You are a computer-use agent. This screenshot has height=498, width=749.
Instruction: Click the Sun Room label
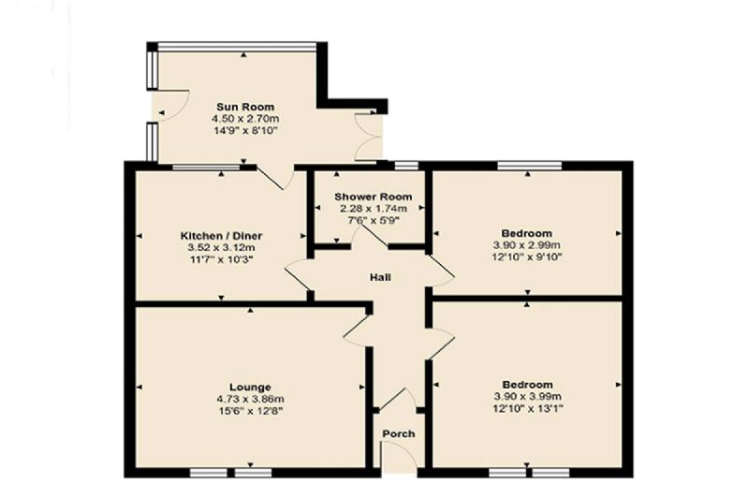coord(245,107)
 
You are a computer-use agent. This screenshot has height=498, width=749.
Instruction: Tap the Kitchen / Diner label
coord(221,236)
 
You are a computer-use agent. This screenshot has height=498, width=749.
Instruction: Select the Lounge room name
coord(250,388)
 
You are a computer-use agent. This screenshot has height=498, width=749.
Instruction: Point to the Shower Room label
coord(373,197)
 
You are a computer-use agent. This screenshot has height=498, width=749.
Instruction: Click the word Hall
coord(381,277)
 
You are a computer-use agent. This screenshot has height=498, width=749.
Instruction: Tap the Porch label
coord(399,434)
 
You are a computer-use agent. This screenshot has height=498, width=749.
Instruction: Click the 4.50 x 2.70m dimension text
coord(245,118)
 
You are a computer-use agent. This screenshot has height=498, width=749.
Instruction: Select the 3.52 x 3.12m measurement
coord(221,248)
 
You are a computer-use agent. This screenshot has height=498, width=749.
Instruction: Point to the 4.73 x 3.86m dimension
coord(250,399)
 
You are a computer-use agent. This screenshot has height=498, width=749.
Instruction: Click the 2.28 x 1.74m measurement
coord(373,209)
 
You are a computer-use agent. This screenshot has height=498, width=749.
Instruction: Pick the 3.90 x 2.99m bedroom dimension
coord(527,245)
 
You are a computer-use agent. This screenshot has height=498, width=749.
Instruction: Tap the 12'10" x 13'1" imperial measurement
coord(527,409)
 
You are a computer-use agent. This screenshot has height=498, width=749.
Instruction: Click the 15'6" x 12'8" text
coord(250,411)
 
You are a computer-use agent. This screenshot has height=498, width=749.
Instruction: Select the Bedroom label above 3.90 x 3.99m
coord(527,385)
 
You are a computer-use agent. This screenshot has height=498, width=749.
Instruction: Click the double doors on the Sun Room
coord(368,137)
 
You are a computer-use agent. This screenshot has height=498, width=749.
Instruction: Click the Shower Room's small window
coord(406,166)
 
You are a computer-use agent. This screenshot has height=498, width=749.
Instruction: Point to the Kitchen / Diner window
coord(206,168)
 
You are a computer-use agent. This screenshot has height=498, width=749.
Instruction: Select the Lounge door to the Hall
coord(357,330)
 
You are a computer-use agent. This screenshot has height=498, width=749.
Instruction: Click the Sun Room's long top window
coord(238,47)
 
